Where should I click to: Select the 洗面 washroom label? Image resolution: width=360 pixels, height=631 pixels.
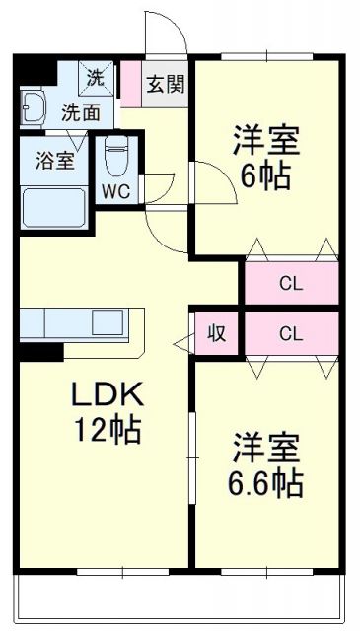point(81,111)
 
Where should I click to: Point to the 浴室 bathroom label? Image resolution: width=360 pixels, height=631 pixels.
point(54,161)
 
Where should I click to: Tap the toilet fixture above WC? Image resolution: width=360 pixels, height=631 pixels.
point(116,154)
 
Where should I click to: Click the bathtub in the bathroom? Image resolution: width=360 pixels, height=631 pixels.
point(54,208)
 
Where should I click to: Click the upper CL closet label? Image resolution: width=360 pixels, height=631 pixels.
point(290,285)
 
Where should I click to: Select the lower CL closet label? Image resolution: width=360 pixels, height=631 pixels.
point(290,333)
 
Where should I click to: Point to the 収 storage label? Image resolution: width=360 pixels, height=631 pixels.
point(217,333)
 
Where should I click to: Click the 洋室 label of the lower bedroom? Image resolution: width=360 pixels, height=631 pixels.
point(265,448)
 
